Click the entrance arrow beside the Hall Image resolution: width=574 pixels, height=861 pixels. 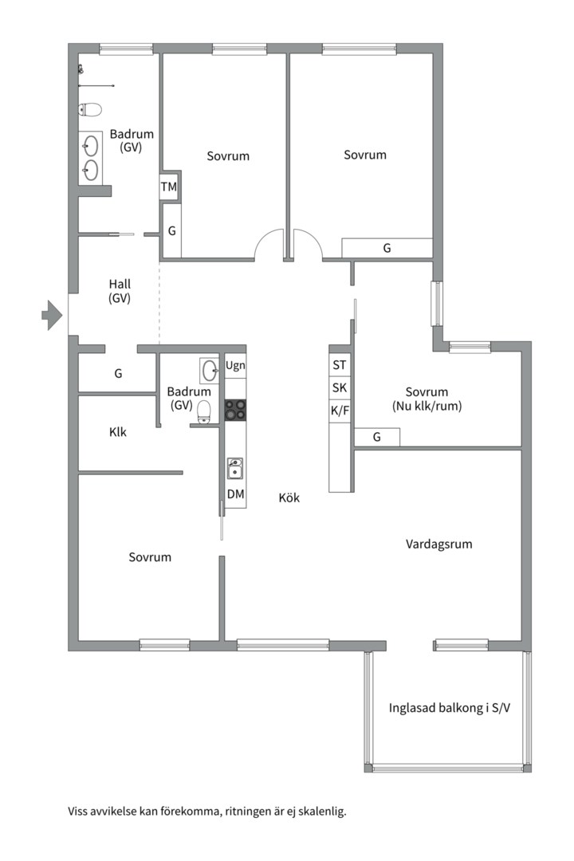(x=52, y=315)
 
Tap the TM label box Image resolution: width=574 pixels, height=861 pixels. (x=169, y=187)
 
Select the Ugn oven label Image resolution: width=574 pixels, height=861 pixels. (x=235, y=366)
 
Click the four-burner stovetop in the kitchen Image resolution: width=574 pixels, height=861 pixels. (x=235, y=410)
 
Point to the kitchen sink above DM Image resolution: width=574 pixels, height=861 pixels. (x=235, y=469)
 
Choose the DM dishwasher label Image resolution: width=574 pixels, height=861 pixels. (x=236, y=494)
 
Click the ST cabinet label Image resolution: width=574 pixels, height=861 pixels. (x=340, y=364)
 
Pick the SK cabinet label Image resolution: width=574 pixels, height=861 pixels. (x=340, y=387)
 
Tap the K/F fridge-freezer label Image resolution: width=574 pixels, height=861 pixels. (x=340, y=411)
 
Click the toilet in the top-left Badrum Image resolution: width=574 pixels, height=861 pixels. (x=90, y=110)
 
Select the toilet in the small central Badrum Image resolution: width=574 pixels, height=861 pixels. (x=204, y=412)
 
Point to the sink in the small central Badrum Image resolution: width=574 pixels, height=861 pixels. (x=210, y=370)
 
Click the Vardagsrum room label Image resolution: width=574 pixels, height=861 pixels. (x=439, y=545)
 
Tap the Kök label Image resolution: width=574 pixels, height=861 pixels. (x=289, y=497)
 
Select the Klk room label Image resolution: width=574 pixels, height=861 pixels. (x=117, y=432)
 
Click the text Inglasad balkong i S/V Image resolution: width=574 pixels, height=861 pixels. (x=450, y=708)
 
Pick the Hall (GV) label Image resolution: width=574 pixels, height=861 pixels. (x=120, y=291)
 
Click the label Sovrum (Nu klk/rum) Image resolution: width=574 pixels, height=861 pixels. (x=427, y=399)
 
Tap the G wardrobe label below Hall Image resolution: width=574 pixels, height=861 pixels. (x=118, y=374)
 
